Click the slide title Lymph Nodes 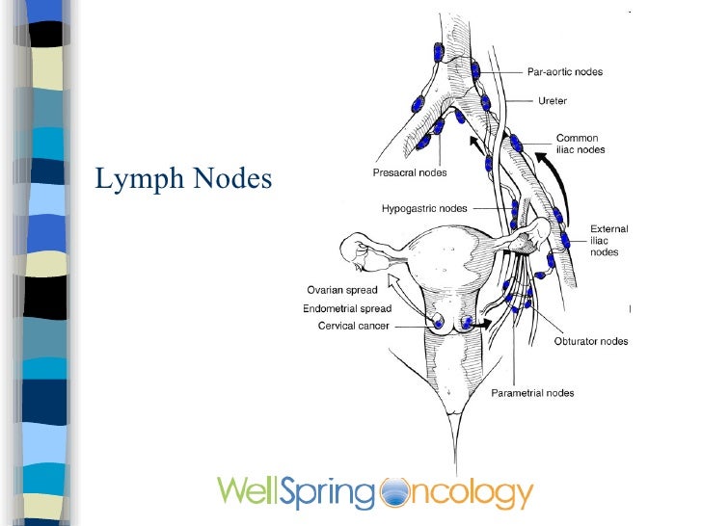click(x=183, y=179)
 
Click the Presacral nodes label click(x=410, y=173)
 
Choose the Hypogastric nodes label click(x=424, y=208)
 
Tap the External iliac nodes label click(x=608, y=240)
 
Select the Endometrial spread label click(x=347, y=308)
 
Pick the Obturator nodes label click(x=591, y=341)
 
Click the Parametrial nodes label click(x=532, y=392)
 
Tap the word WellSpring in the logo click(x=294, y=492)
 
